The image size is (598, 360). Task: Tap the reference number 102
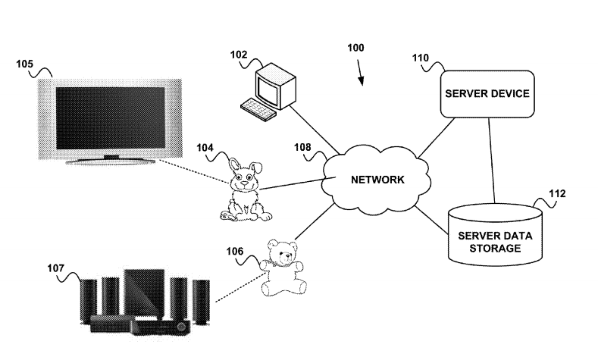(238, 55)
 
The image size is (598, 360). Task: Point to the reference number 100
(355, 48)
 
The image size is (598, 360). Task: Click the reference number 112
(556, 193)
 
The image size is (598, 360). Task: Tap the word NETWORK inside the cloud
(377, 180)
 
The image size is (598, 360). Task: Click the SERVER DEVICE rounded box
(486, 93)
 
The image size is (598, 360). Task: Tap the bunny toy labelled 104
(246, 193)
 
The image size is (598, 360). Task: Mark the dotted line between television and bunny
(193, 172)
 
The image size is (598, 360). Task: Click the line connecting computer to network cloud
(312, 128)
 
